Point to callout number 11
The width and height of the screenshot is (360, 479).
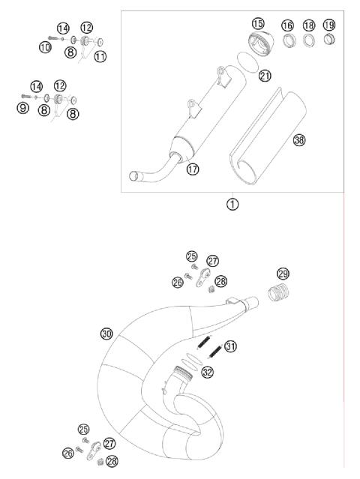pos(99,56)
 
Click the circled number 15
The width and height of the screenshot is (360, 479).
pos(258,24)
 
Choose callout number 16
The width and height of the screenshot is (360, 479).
pos(288,25)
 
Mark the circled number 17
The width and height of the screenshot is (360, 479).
pos(192,169)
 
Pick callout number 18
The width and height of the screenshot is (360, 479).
pos(309,25)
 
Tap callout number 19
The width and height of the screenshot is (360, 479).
pos(328,25)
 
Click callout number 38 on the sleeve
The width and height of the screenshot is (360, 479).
pos(300,140)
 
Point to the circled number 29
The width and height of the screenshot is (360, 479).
pos(283,274)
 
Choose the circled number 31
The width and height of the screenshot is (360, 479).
pos(230,346)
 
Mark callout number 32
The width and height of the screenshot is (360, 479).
pos(207,371)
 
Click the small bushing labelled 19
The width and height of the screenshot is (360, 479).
pos(328,40)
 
